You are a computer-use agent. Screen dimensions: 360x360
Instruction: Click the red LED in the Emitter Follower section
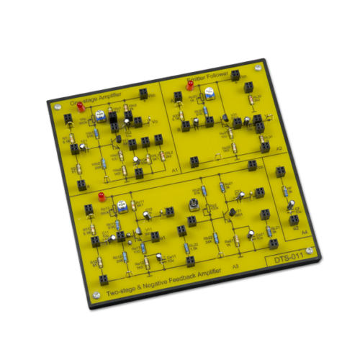(190, 85)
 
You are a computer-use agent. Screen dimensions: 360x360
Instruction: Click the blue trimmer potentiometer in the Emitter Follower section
(208, 92)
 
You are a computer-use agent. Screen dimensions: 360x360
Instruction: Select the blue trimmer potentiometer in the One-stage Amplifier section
(102, 115)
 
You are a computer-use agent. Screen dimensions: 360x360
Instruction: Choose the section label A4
(305, 233)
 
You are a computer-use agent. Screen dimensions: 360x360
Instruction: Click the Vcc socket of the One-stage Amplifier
(68, 108)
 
